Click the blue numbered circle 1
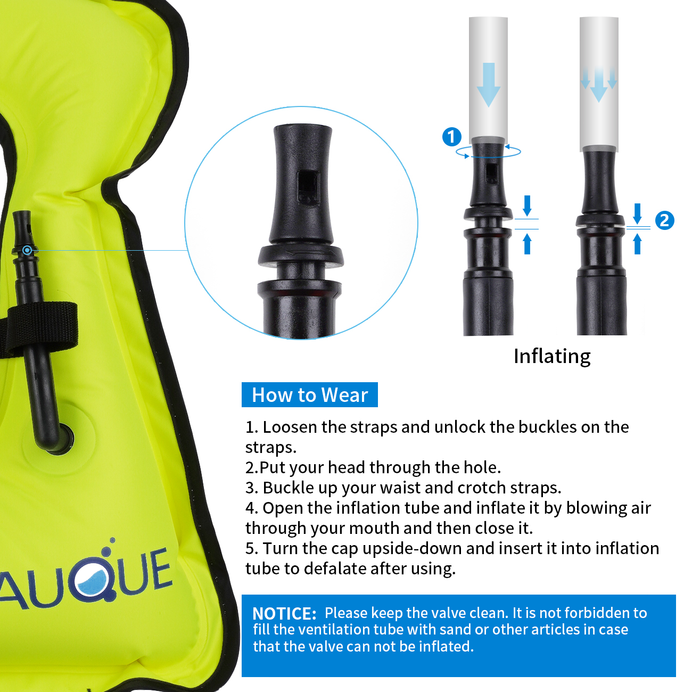pyautogui.click(x=452, y=137)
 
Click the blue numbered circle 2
pyautogui.click(x=664, y=220)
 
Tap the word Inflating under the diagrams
pyautogui.click(x=552, y=356)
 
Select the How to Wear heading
pyautogui.click(x=310, y=395)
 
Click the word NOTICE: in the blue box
pyautogui.click(x=284, y=613)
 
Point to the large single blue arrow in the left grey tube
pyautogui.click(x=488, y=84)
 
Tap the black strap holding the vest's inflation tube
pyautogui.click(x=43, y=327)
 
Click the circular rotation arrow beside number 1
pyautogui.click(x=488, y=152)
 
